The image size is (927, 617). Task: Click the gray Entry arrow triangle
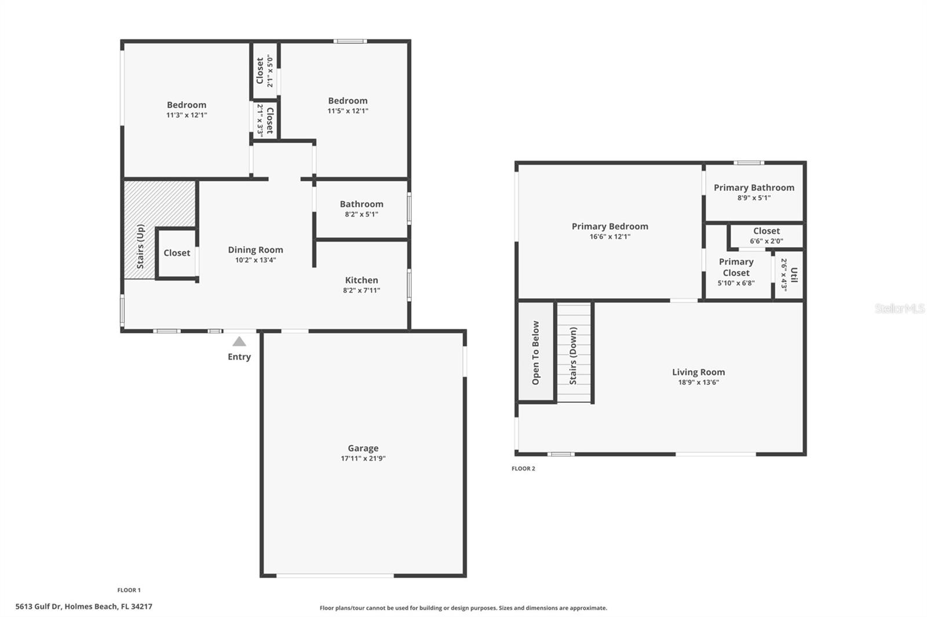(239, 341)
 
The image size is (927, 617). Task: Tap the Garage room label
(363, 448)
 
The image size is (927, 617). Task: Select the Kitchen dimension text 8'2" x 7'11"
(362, 291)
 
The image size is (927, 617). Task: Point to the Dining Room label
(256, 250)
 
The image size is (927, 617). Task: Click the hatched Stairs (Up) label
(140, 247)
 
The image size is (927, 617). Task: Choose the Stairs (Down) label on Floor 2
(573, 356)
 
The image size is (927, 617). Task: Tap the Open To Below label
(535, 352)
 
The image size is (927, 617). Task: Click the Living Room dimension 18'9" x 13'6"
(698, 383)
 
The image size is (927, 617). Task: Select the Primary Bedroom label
(610, 227)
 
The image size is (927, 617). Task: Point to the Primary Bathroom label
(754, 188)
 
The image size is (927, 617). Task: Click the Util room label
(794, 275)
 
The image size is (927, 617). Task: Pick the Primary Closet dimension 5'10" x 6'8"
(736, 283)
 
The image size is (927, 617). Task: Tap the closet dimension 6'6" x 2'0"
(767, 241)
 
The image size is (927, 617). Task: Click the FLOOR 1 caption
(129, 590)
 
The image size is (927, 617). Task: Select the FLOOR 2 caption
(524, 469)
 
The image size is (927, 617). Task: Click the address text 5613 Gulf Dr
(38, 607)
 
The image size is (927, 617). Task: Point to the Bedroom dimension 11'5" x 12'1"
(348, 111)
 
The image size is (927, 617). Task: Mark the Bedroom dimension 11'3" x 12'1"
(187, 115)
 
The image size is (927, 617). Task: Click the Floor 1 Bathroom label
(362, 204)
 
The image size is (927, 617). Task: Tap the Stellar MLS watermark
(899, 308)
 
